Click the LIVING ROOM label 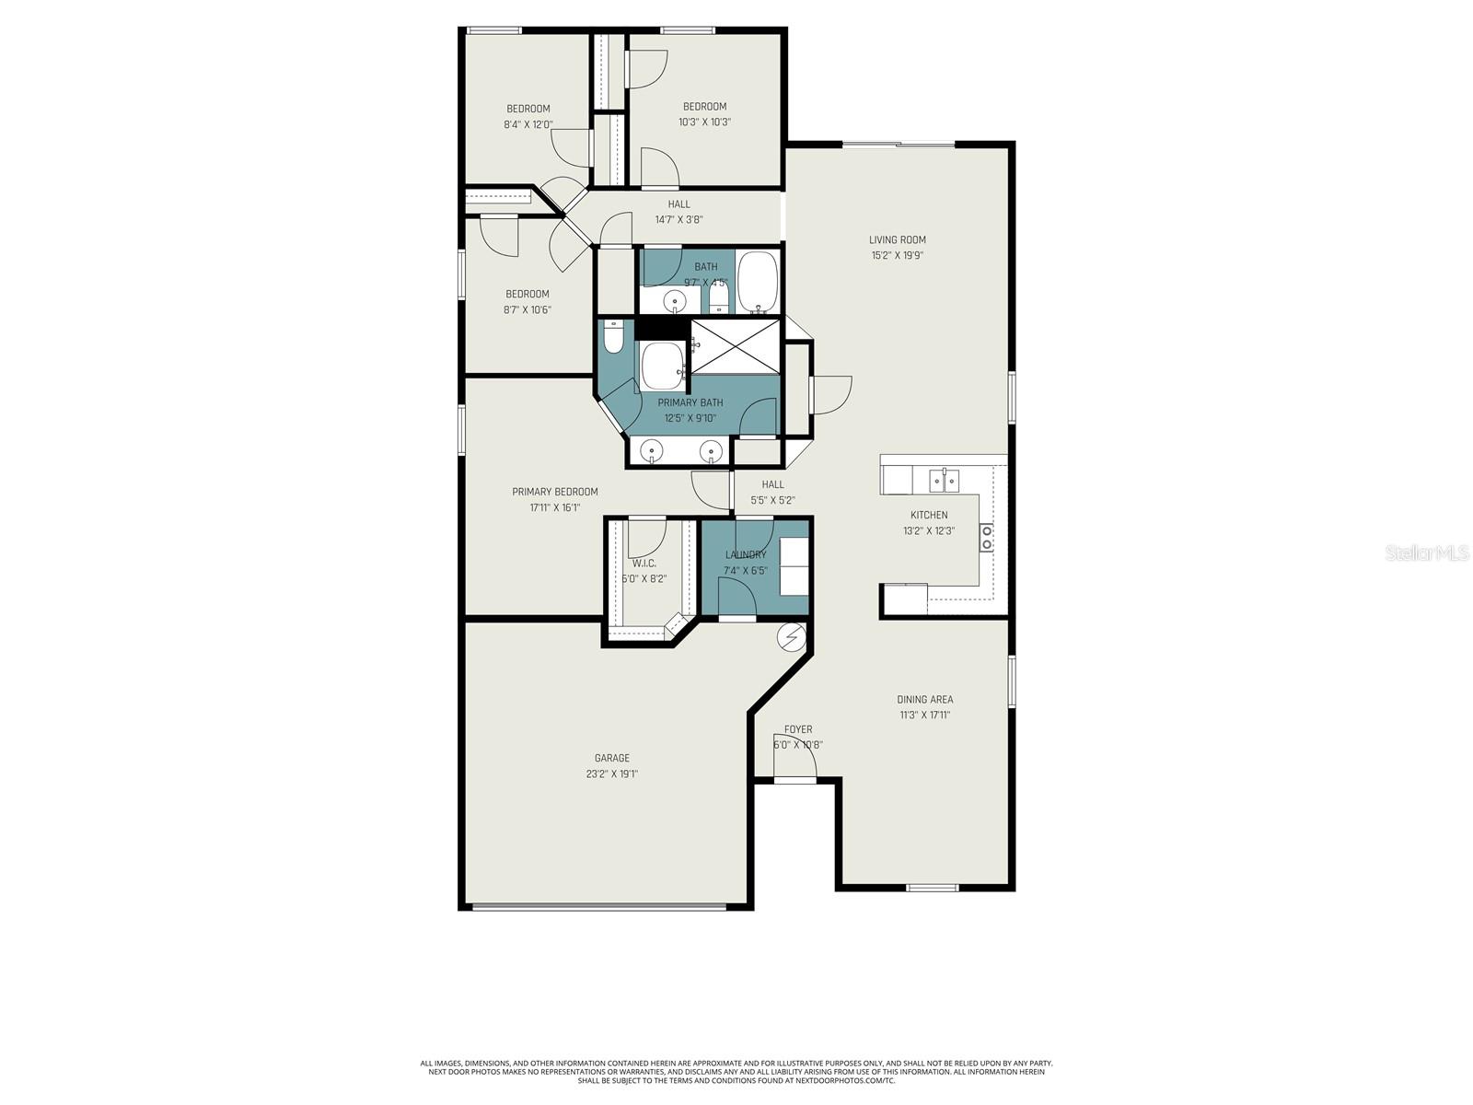point(897,239)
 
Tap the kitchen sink point(945,480)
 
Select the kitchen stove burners point(986,537)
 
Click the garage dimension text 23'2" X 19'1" point(611,773)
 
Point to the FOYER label point(798,729)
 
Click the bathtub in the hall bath point(758,281)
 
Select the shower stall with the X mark point(735,346)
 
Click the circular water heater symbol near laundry point(791,635)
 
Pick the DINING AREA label point(924,699)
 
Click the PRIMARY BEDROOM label point(555,492)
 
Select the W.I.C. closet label point(644,563)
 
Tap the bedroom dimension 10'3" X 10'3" point(704,122)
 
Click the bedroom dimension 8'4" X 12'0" point(528,124)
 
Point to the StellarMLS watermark point(1427,552)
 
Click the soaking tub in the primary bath point(662,366)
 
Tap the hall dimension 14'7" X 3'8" point(679,219)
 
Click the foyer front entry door point(794,779)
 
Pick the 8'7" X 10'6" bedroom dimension point(527,309)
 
